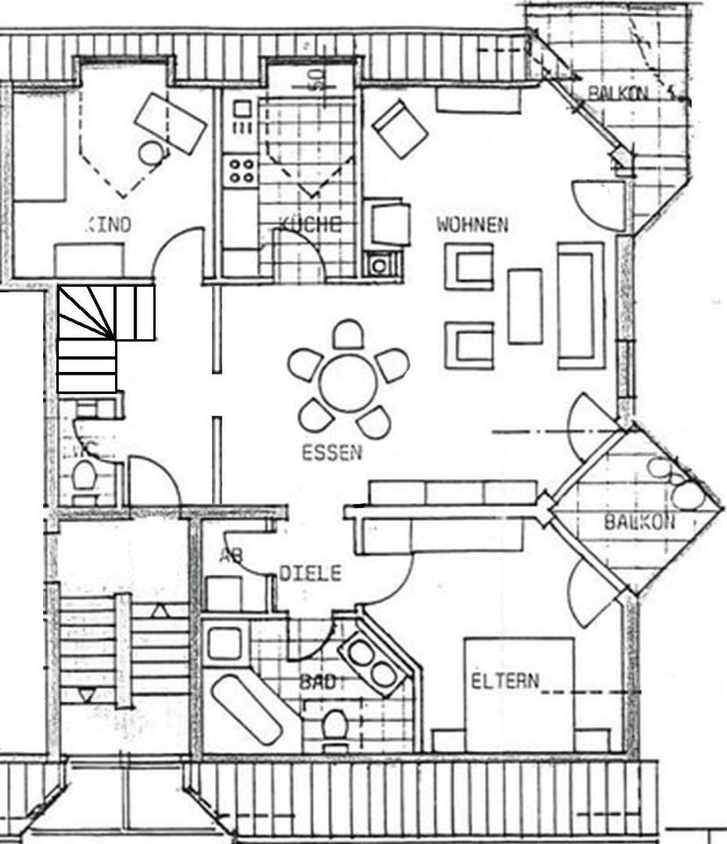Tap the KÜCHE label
coord(309,224)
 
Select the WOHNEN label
coord(472,225)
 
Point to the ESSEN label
coord(331,454)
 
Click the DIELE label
coord(309,573)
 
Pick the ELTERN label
coord(505,681)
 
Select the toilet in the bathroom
coord(334,726)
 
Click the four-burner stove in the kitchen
coord(240,169)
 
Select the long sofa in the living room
coord(580,304)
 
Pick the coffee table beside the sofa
coord(525,305)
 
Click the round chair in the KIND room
coord(153,153)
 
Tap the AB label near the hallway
coord(230,556)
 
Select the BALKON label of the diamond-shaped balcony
coord(639,521)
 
